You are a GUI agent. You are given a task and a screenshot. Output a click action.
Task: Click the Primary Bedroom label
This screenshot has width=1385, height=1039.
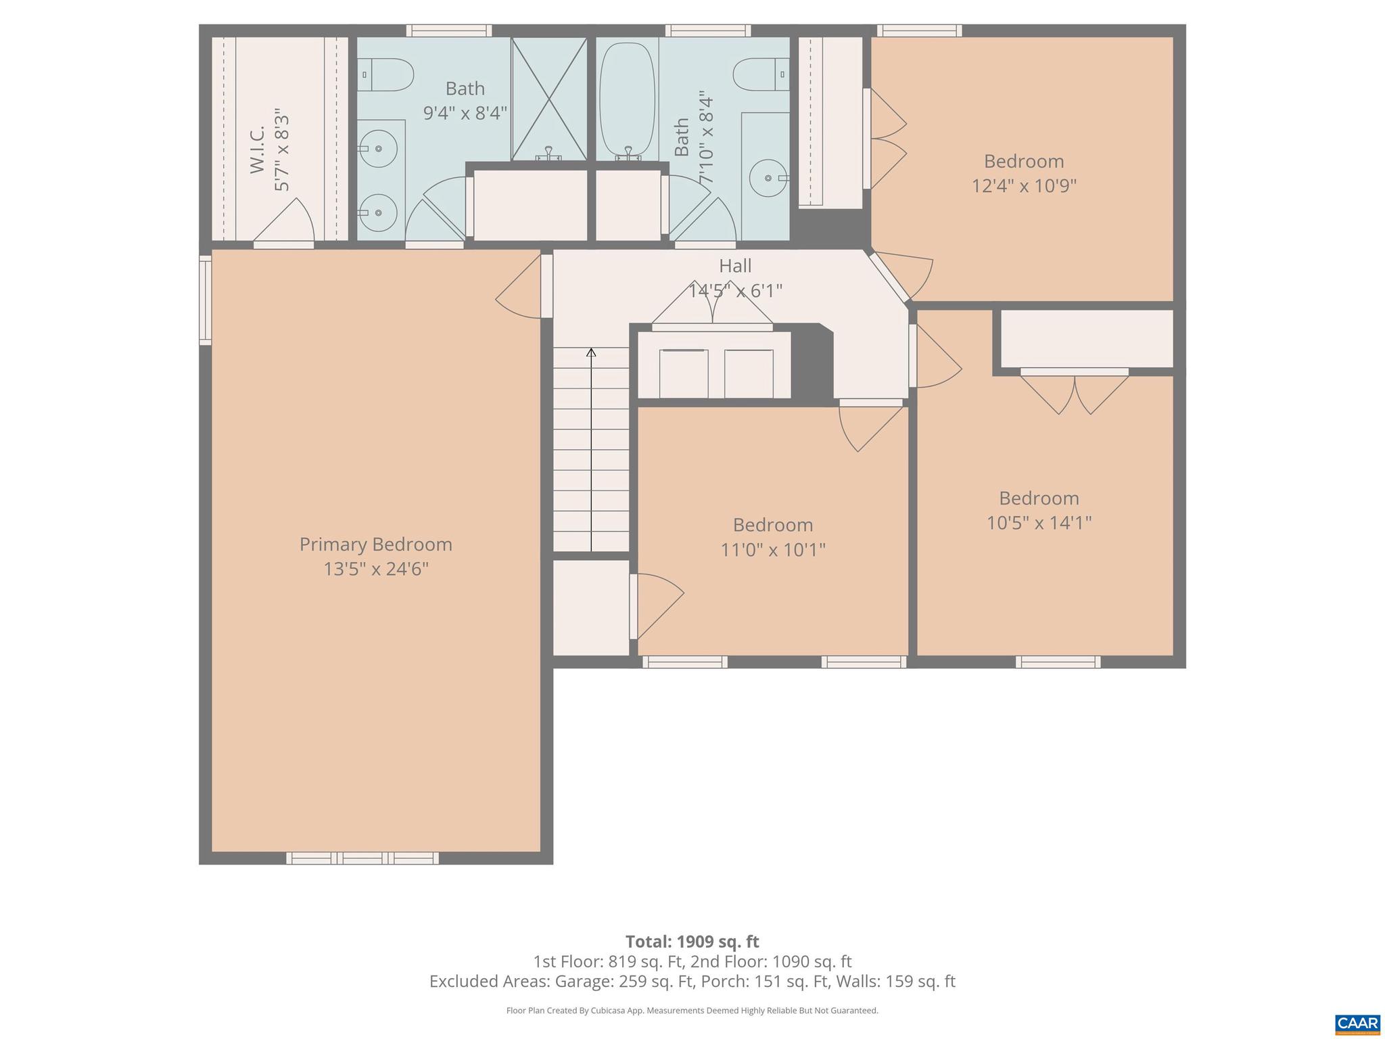coord(375,544)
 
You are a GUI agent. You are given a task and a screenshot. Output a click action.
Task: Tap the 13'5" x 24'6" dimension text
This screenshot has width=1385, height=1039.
coord(375,569)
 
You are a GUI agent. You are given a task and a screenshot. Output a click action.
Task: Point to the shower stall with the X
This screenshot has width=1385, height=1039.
coord(548,99)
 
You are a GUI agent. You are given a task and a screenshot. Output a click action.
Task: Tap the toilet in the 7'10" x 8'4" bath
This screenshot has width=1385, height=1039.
coord(761,74)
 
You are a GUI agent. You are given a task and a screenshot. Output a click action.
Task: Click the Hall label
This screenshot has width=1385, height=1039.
coord(735,266)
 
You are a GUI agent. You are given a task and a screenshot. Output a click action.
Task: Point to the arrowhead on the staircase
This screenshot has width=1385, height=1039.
coord(591,352)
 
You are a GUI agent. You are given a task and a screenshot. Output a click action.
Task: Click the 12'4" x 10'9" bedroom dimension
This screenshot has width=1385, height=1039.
coord(1023,185)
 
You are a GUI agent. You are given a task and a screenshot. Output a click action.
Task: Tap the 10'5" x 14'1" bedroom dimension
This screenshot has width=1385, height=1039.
coord(1039,523)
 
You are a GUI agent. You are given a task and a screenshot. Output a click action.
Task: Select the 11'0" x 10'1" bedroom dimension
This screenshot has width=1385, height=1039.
coord(772,549)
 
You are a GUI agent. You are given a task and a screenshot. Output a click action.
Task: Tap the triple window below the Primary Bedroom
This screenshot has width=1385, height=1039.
coord(362,858)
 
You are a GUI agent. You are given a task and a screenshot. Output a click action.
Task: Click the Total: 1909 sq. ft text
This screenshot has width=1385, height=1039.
coord(692,942)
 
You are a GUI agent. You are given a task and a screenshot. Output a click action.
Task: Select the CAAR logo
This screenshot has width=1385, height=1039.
coord(1357,1023)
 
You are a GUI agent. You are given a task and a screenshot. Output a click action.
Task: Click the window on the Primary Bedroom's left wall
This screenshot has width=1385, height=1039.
coord(205,300)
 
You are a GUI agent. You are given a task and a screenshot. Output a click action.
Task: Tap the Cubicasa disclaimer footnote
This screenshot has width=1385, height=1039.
coord(692,1011)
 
